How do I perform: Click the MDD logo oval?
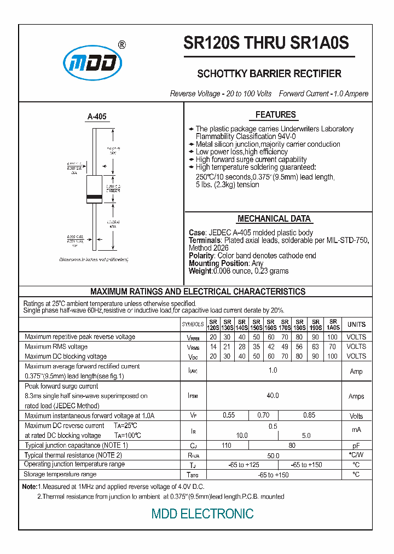(92, 62)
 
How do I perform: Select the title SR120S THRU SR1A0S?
(266, 43)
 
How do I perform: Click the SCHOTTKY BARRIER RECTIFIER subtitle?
(269, 74)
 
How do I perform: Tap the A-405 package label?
(97, 117)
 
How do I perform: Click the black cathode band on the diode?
(94, 197)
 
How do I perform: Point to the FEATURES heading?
(275, 115)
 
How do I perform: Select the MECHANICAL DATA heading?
(274, 219)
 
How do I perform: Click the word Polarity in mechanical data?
(201, 256)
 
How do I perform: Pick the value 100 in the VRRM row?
(332, 337)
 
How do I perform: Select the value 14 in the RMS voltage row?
(213, 347)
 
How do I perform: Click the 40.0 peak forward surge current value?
(273, 396)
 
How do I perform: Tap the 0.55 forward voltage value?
(229, 415)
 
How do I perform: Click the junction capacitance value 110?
(226, 446)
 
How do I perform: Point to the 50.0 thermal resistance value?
(273, 455)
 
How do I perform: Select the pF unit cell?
(356, 446)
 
